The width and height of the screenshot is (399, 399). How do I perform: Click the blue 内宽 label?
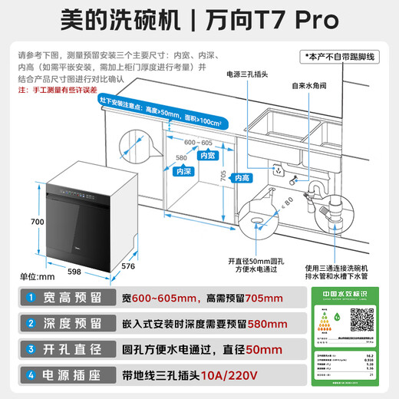pos(207,155)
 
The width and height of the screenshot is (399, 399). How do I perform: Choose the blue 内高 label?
pos(242,178)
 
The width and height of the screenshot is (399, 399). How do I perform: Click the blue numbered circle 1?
pos(28,297)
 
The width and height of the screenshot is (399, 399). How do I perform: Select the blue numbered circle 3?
pos(28,350)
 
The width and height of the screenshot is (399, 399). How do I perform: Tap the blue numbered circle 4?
pos(28,376)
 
